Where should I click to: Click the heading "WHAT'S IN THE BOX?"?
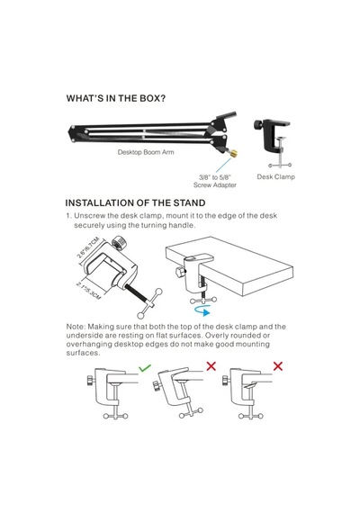116,98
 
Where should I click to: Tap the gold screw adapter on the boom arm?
233,153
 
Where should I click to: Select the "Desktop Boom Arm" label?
146,152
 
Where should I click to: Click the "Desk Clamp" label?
275,176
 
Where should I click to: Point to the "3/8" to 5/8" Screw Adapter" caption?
215,181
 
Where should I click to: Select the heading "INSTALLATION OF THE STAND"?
135,202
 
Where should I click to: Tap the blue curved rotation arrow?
202,310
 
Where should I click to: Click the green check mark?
144,367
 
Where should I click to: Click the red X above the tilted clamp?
211,365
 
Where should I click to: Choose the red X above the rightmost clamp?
278,365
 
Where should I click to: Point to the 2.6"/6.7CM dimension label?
88,248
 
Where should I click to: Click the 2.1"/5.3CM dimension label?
88,290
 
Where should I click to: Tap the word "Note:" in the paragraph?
76,327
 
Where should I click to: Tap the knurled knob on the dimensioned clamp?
119,243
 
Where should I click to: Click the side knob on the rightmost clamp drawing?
225,380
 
